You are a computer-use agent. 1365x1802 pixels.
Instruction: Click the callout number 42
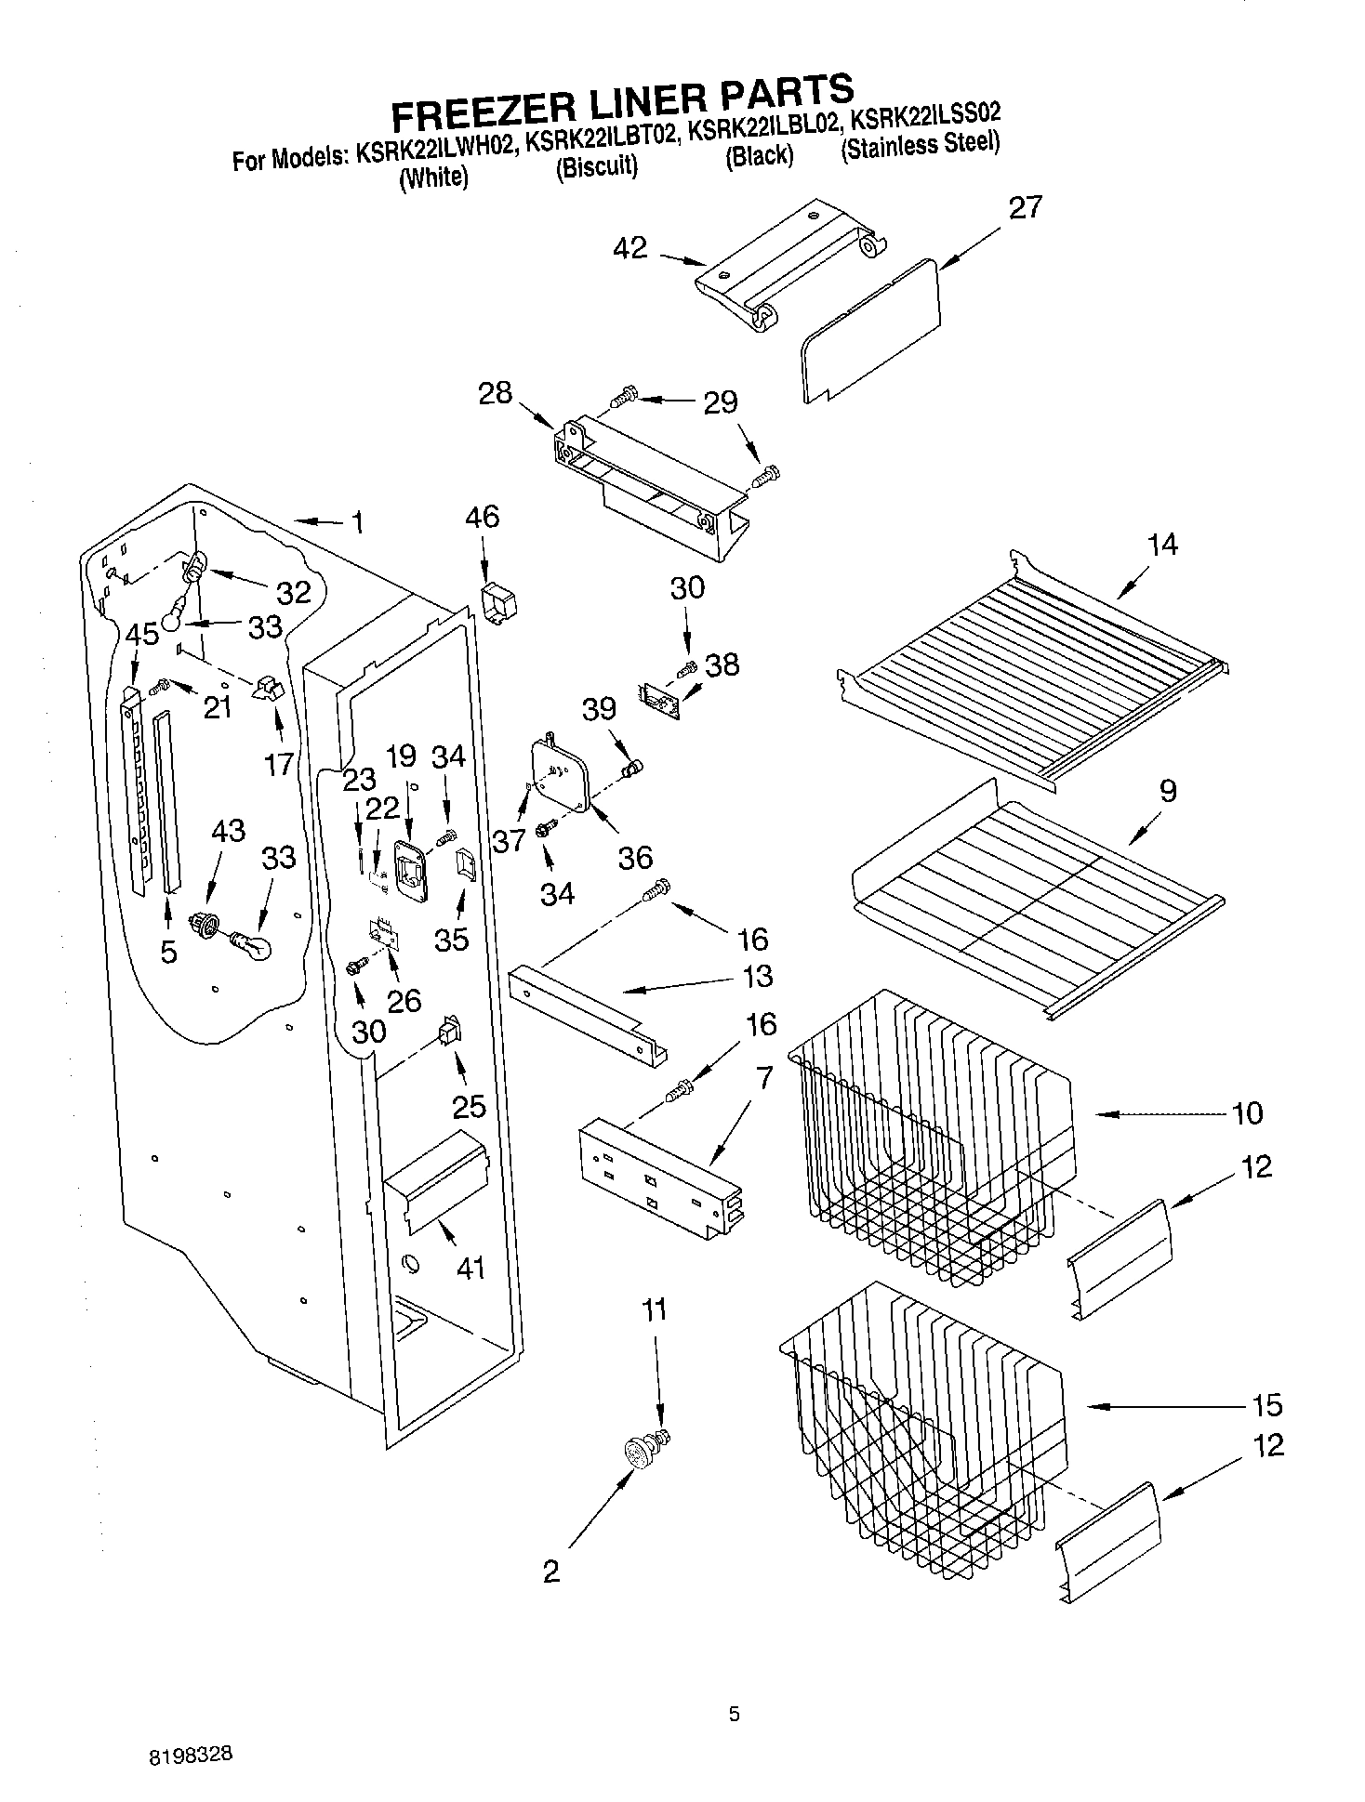tap(629, 248)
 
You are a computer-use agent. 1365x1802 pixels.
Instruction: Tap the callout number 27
tap(1026, 207)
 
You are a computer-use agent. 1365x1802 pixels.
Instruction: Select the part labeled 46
tap(498, 605)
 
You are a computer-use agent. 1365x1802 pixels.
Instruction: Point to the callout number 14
tap(1162, 545)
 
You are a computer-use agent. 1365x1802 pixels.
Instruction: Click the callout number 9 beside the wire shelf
tap(1168, 791)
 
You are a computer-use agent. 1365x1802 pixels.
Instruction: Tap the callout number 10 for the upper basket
tap(1247, 1112)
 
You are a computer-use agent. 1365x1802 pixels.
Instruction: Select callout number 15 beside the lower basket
tap(1266, 1404)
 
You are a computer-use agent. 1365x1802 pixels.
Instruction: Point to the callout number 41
tap(470, 1268)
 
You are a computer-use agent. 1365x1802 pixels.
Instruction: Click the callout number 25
tap(470, 1105)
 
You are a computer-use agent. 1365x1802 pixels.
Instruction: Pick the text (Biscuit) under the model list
tap(596, 166)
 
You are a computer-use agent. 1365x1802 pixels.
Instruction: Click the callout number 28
tap(496, 393)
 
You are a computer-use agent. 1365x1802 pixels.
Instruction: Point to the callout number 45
tap(142, 635)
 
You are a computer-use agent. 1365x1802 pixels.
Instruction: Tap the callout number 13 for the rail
tap(758, 977)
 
